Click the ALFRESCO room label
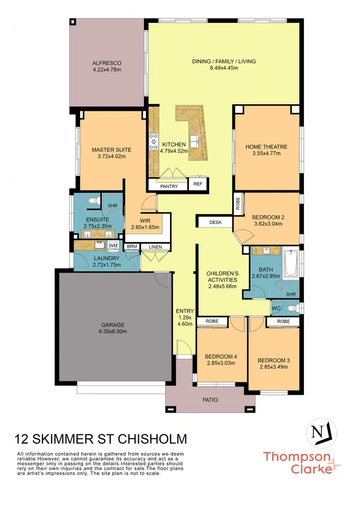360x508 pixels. pos(107,63)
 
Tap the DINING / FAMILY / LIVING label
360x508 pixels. pos(224,61)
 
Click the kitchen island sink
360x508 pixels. pos(195,142)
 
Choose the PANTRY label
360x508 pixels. pos(168,186)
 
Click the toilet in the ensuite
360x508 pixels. pos(93,201)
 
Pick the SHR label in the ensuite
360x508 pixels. pos(113,206)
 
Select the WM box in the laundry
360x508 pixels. pos(113,246)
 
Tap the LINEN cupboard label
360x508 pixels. pos(156,247)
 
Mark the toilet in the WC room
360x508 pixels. pos(291,308)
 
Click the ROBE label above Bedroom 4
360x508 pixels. pos(212,321)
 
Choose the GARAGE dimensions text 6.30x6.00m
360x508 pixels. pos(114,331)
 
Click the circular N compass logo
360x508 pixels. pos(321,432)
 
